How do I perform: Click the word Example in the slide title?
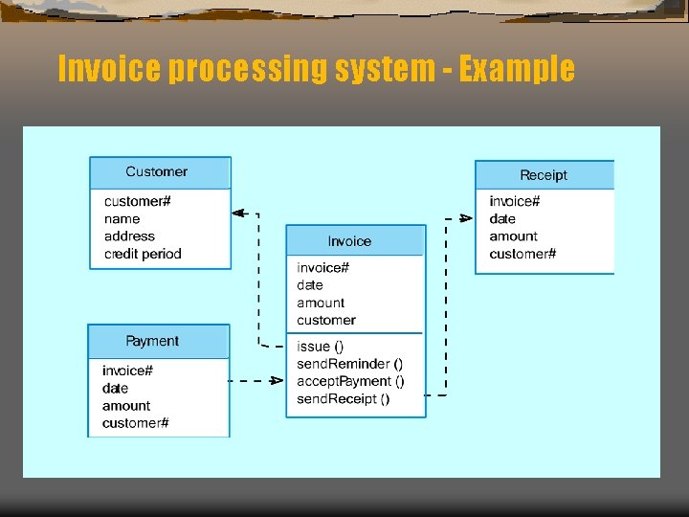pos(517,69)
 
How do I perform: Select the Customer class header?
pos(159,172)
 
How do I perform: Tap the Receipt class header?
pos(544,175)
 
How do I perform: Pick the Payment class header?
pos(153,341)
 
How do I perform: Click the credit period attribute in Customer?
pos(143,254)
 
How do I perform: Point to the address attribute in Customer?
pos(129,236)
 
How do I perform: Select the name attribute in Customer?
pos(122,219)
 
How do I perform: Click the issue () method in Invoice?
pos(321,347)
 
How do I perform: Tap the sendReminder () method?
pos(350,364)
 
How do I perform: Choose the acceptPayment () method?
pos(350,381)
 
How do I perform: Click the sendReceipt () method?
pos(344,399)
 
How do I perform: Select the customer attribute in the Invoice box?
pos(326,320)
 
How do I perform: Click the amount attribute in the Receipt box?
pos(513,236)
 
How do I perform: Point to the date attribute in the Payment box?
pos(115,388)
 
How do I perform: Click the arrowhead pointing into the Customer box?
pos(239,214)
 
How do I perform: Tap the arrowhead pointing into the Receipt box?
pos(466,218)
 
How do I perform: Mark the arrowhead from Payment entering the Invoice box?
pos(278,381)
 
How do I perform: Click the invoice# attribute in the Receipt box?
pos(515,201)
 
